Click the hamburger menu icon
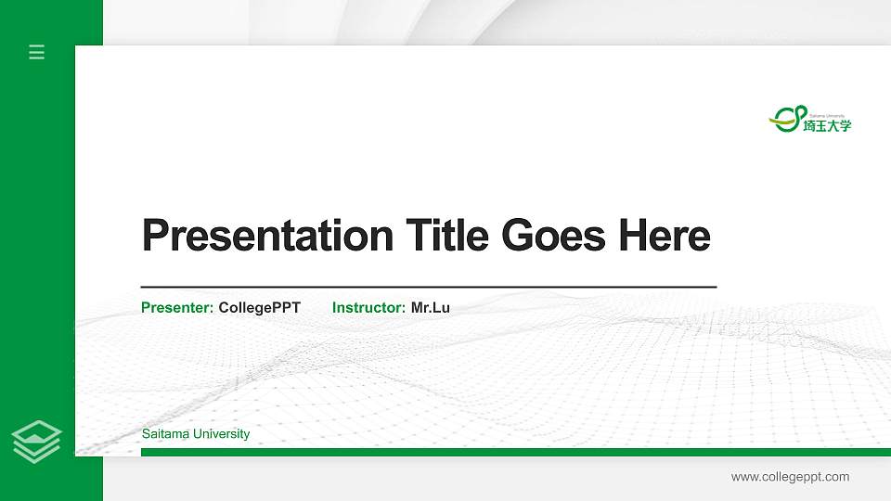pos(37,52)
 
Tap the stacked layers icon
pos(37,441)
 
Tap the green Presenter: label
pos(177,307)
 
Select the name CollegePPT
pos(260,307)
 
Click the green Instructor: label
pos(368,307)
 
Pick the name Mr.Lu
pos(431,307)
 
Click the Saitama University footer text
pos(196,434)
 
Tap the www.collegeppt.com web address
pos(790,477)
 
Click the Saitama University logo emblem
pos(786,118)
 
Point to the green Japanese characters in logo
pos(827,125)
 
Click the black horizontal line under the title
pos(429,288)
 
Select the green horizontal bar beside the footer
pos(515,452)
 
